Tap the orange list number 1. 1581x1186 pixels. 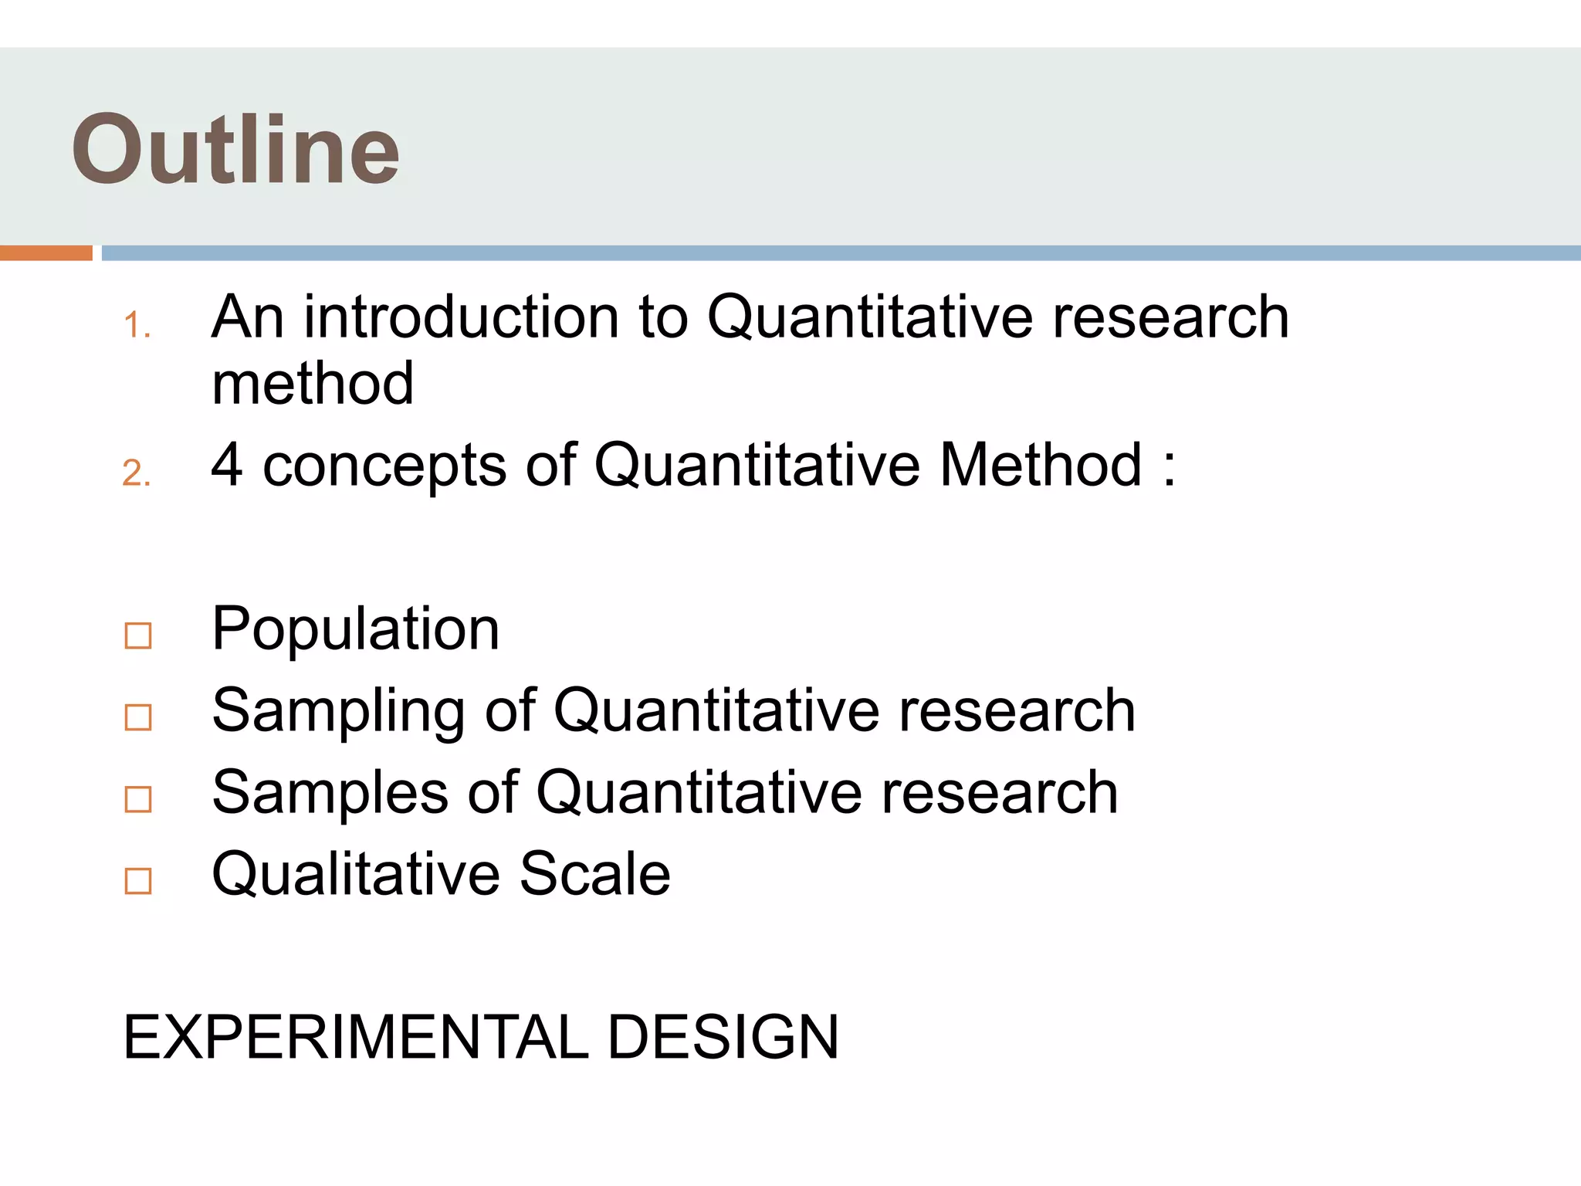(136, 325)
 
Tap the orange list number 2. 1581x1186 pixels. (136, 473)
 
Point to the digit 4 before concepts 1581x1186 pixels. (227, 465)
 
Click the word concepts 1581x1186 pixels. (384, 466)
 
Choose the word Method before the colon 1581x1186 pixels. (1041, 465)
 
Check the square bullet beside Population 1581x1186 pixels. (138, 635)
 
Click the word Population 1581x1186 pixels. (356, 629)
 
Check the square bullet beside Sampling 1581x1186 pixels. (138, 717)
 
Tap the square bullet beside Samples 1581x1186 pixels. (138, 799)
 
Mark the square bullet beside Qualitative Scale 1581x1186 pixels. (138, 881)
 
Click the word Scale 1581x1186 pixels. (594, 874)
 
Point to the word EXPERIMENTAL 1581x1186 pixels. (356, 1037)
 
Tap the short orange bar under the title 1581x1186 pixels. (46, 253)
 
